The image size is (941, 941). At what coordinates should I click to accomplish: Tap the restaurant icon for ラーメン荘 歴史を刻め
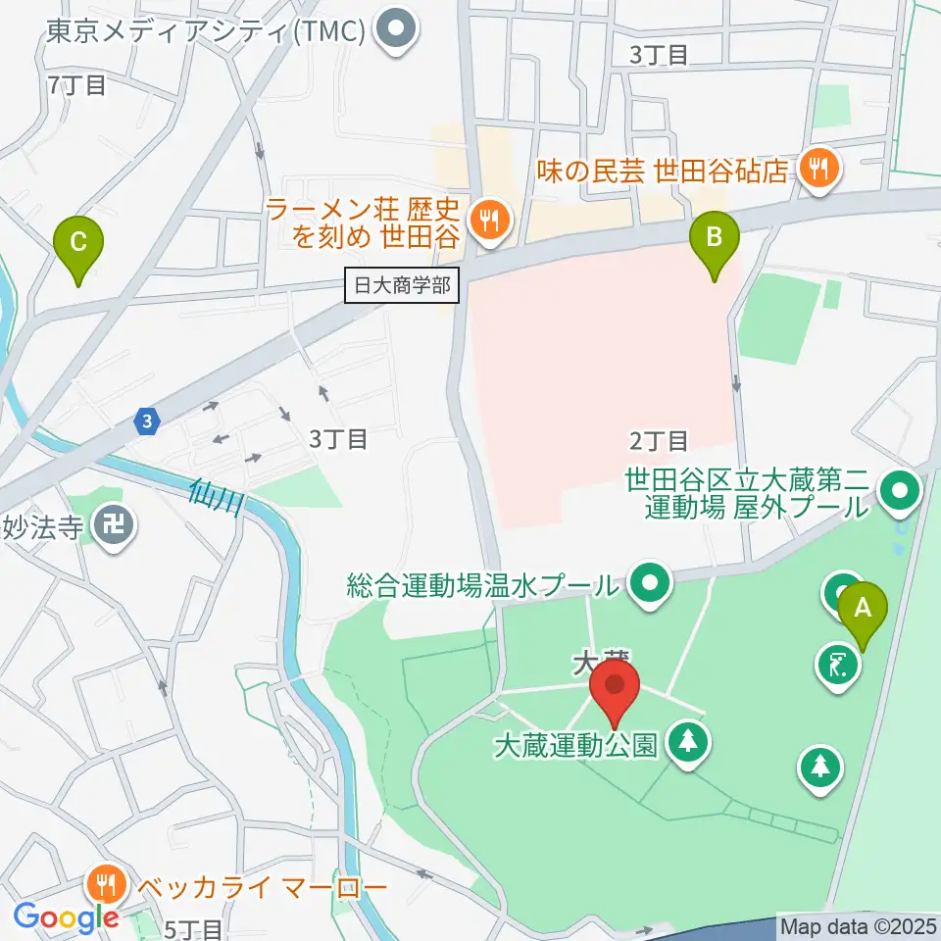click(x=488, y=221)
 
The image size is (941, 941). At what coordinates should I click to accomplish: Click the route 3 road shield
click(x=146, y=421)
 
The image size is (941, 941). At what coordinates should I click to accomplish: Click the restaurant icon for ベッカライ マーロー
click(x=104, y=887)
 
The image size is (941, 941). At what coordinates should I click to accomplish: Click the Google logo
click(x=66, y=917)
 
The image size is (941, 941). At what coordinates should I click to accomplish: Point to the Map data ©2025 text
click(x=859, y=925)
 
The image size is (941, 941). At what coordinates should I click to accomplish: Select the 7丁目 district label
click(x=75, y=85)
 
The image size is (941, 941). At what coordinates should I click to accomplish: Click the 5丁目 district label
click(x=196, y=928)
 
